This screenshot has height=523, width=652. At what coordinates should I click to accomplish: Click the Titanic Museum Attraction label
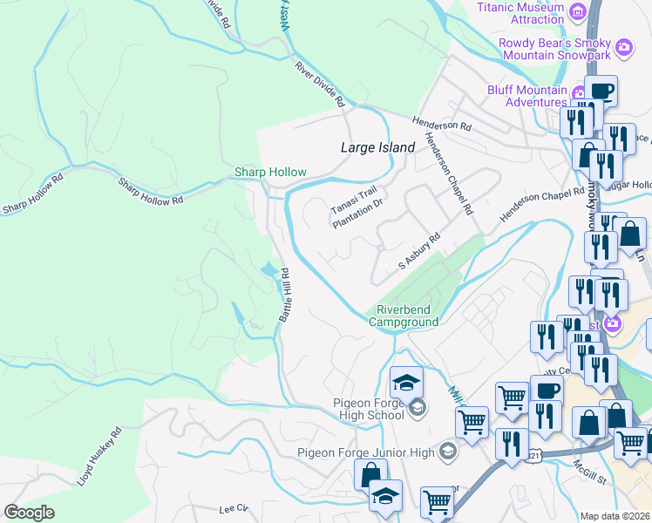click(520, 13)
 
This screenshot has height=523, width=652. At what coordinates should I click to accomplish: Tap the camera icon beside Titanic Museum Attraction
click(576, 12)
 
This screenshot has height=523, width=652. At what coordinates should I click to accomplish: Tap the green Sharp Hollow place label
click(264, 172)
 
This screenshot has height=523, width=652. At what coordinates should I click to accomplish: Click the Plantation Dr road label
click(358, 212)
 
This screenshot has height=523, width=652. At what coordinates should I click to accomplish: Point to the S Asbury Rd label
click(419, 251)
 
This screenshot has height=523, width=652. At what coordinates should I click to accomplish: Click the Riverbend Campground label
click(407, 316)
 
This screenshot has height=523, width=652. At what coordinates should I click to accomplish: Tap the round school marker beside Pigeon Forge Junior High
click(447, 451)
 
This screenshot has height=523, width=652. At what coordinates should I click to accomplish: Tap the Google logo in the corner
click(30, 513)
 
